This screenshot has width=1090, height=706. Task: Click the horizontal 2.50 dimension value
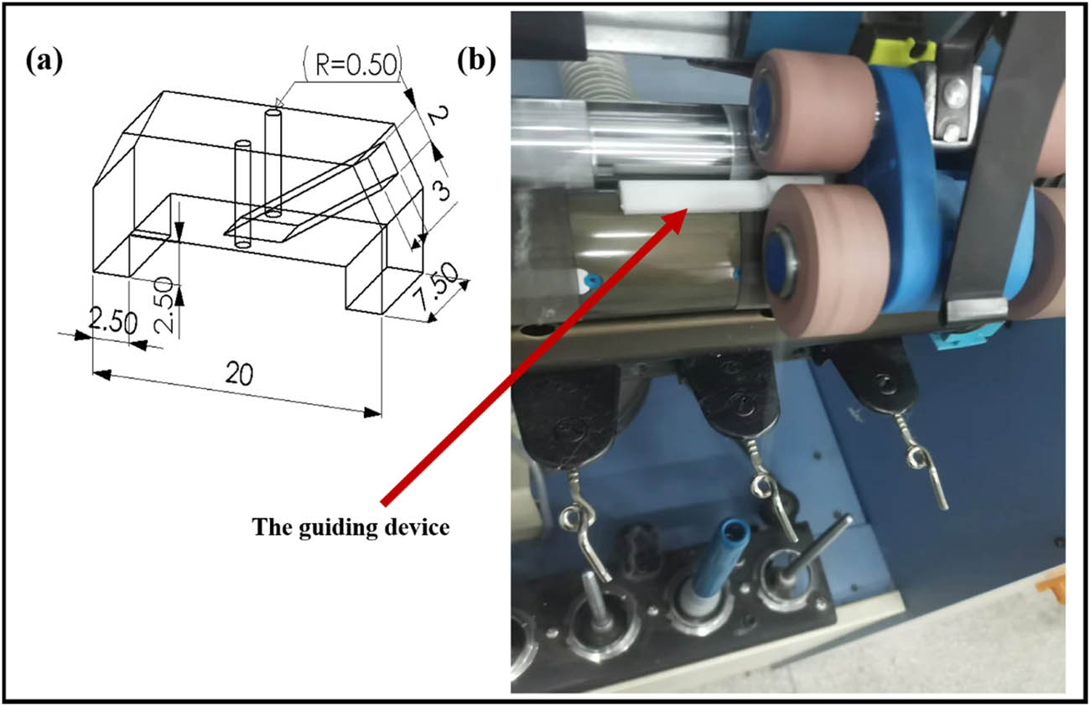112,323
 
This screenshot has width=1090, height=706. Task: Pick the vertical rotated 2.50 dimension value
165,294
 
